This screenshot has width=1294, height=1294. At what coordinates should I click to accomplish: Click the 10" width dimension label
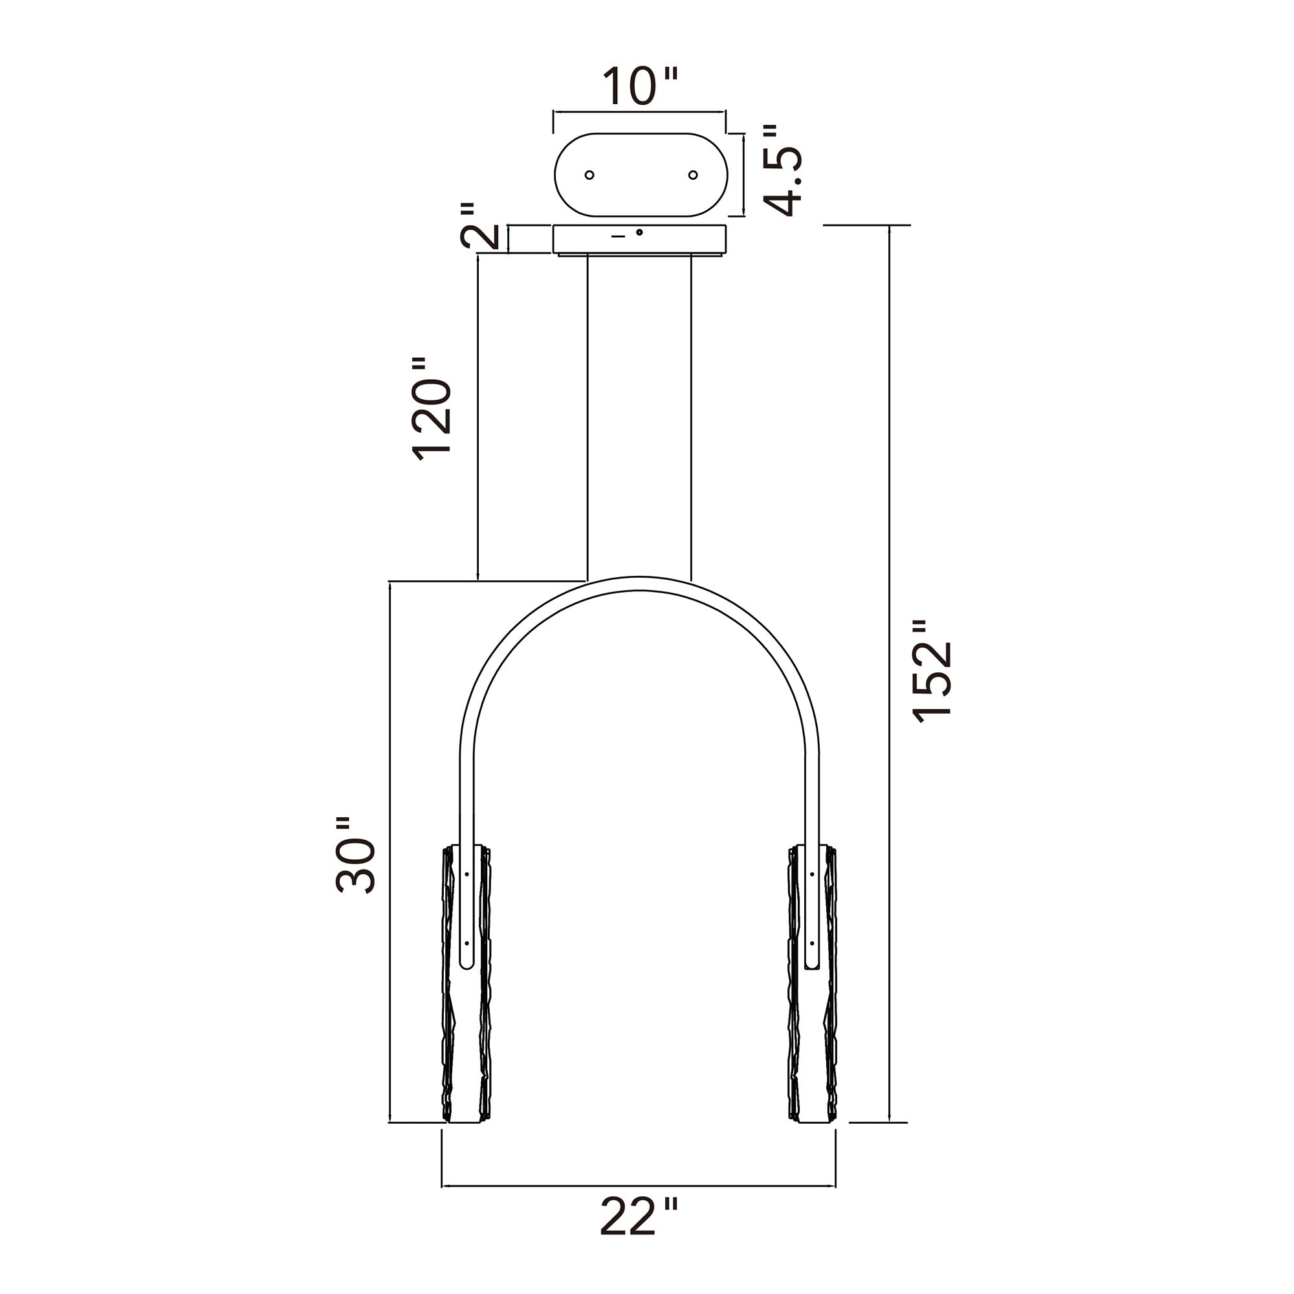coord(640,87)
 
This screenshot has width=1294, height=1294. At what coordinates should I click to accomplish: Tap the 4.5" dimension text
coord(782,171)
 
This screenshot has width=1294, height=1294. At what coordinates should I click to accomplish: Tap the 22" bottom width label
coord(639,1236)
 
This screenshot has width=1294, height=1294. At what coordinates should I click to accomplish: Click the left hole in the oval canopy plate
coord(589,175)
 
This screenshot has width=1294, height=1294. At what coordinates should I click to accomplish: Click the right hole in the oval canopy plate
coord(693,175)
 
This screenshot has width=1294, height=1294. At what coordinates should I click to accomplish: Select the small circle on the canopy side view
coord(640,232)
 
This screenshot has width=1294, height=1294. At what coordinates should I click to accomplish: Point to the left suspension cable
coord(587,415)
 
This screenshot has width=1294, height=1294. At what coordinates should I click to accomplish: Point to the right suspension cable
coord(690,415)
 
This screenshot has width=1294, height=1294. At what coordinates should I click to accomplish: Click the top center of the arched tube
coord(640,584)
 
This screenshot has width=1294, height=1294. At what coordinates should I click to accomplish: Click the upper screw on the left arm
coord(467,873)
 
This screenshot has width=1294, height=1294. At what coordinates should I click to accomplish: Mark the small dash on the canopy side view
coord(618,236)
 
